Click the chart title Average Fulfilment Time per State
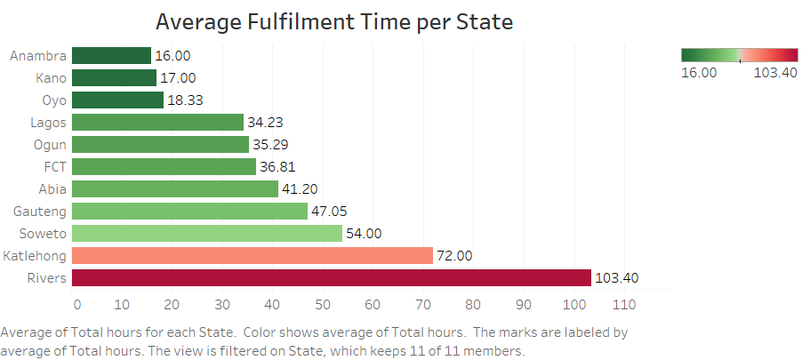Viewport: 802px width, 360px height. [334, 21]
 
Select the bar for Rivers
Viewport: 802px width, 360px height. [331, 278]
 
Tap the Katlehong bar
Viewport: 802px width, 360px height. [252, 256]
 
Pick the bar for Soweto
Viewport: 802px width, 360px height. [206, 234]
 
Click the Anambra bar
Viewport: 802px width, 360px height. [110, 56]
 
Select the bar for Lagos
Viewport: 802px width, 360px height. [156, 123]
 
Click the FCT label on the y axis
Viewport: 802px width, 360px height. [52, 167]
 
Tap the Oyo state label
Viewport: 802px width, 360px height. [51, 100]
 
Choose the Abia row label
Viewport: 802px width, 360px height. [50, 189]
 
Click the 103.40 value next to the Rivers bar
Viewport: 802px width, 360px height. [617, 278]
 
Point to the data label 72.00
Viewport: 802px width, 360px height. [453, 256]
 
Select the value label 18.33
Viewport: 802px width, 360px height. [185, 100]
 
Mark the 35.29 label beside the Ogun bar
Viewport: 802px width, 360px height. [270, 145]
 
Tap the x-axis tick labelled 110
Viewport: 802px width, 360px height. [624, 305]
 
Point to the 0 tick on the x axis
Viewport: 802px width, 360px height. [76, 305]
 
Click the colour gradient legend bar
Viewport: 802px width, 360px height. [739, 55]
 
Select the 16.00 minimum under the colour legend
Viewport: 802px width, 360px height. [699, 73]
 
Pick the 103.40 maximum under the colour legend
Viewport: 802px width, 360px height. [775, 73]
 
